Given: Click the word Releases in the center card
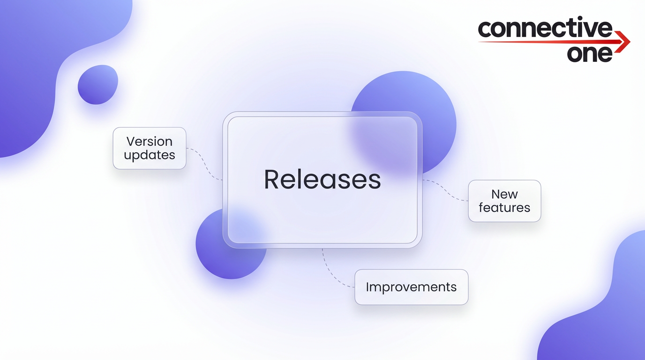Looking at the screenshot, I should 322,180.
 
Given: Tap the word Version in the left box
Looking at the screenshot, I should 149,141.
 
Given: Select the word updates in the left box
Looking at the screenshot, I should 149,155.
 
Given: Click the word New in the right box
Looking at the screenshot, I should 504,194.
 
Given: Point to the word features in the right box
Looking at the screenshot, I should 504,208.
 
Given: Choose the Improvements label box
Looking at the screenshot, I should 411,287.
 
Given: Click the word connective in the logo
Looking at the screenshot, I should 545,29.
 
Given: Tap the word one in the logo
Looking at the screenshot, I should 590,53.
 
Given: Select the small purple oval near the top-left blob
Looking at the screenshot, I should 97,84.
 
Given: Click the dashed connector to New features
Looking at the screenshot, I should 445,190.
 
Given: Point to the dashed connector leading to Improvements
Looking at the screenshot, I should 330,274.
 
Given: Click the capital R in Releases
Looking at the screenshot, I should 271,180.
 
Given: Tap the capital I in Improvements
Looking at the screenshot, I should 368,287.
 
